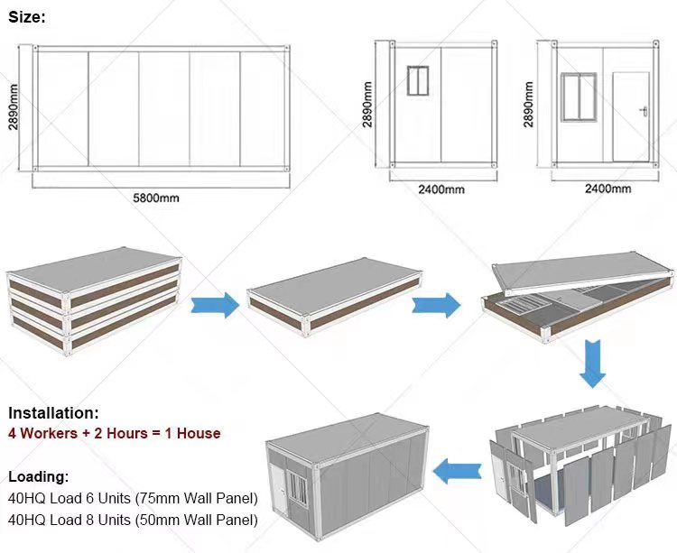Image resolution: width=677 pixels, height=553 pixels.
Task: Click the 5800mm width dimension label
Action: pos(162,197)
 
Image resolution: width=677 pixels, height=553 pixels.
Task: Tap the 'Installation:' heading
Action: pos(53,413)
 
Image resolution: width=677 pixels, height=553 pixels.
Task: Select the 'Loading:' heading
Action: pos(38,477)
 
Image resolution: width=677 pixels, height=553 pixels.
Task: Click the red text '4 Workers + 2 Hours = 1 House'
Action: pos(114,433)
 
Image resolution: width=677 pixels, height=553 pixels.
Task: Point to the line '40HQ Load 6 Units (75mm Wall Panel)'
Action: pos(132,498)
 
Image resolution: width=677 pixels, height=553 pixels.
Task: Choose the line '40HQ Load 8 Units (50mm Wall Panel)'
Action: pos(132,520)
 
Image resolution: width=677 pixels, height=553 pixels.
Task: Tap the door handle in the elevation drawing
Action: pos(644,111)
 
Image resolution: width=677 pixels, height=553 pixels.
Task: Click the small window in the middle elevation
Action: pos(417,81)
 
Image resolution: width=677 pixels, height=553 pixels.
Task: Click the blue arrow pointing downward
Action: pos(593,362)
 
